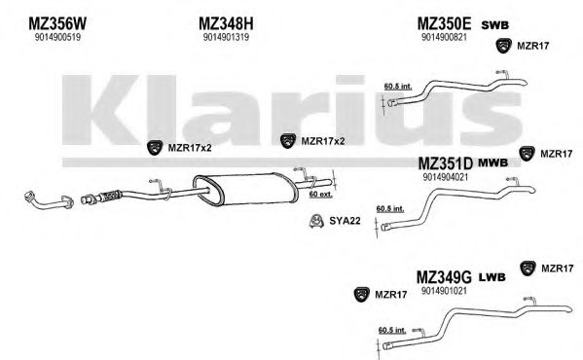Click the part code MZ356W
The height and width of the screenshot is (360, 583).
[57, 23]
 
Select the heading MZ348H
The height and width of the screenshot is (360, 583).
[226, 23]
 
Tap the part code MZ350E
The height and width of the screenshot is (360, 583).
[444, 23]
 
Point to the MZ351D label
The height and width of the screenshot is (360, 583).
[445, 163]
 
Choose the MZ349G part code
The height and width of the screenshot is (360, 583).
[444, 277]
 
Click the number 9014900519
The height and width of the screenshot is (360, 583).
[57, 37]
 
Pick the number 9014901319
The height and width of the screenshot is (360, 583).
[226, 37]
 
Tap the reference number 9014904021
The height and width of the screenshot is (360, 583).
[445, 177]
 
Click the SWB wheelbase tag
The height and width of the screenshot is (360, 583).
[494, 25]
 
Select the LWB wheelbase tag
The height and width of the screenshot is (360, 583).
[492, 277]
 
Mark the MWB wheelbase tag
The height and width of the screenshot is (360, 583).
[492, 162]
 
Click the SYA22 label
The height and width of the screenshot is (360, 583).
[345, 221]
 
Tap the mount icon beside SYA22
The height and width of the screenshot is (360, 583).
[315, 221]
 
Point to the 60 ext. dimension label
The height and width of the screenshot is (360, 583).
[321, 194]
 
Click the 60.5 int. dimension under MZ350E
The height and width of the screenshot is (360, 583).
[398, 87]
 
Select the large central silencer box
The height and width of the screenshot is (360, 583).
[245, 189]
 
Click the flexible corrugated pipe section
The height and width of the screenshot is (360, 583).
[110, 195]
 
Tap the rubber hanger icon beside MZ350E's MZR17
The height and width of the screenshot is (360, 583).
[504, 46]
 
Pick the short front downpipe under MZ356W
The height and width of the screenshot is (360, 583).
[49, 200]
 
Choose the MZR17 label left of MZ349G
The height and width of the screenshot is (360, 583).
[390, 295]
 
